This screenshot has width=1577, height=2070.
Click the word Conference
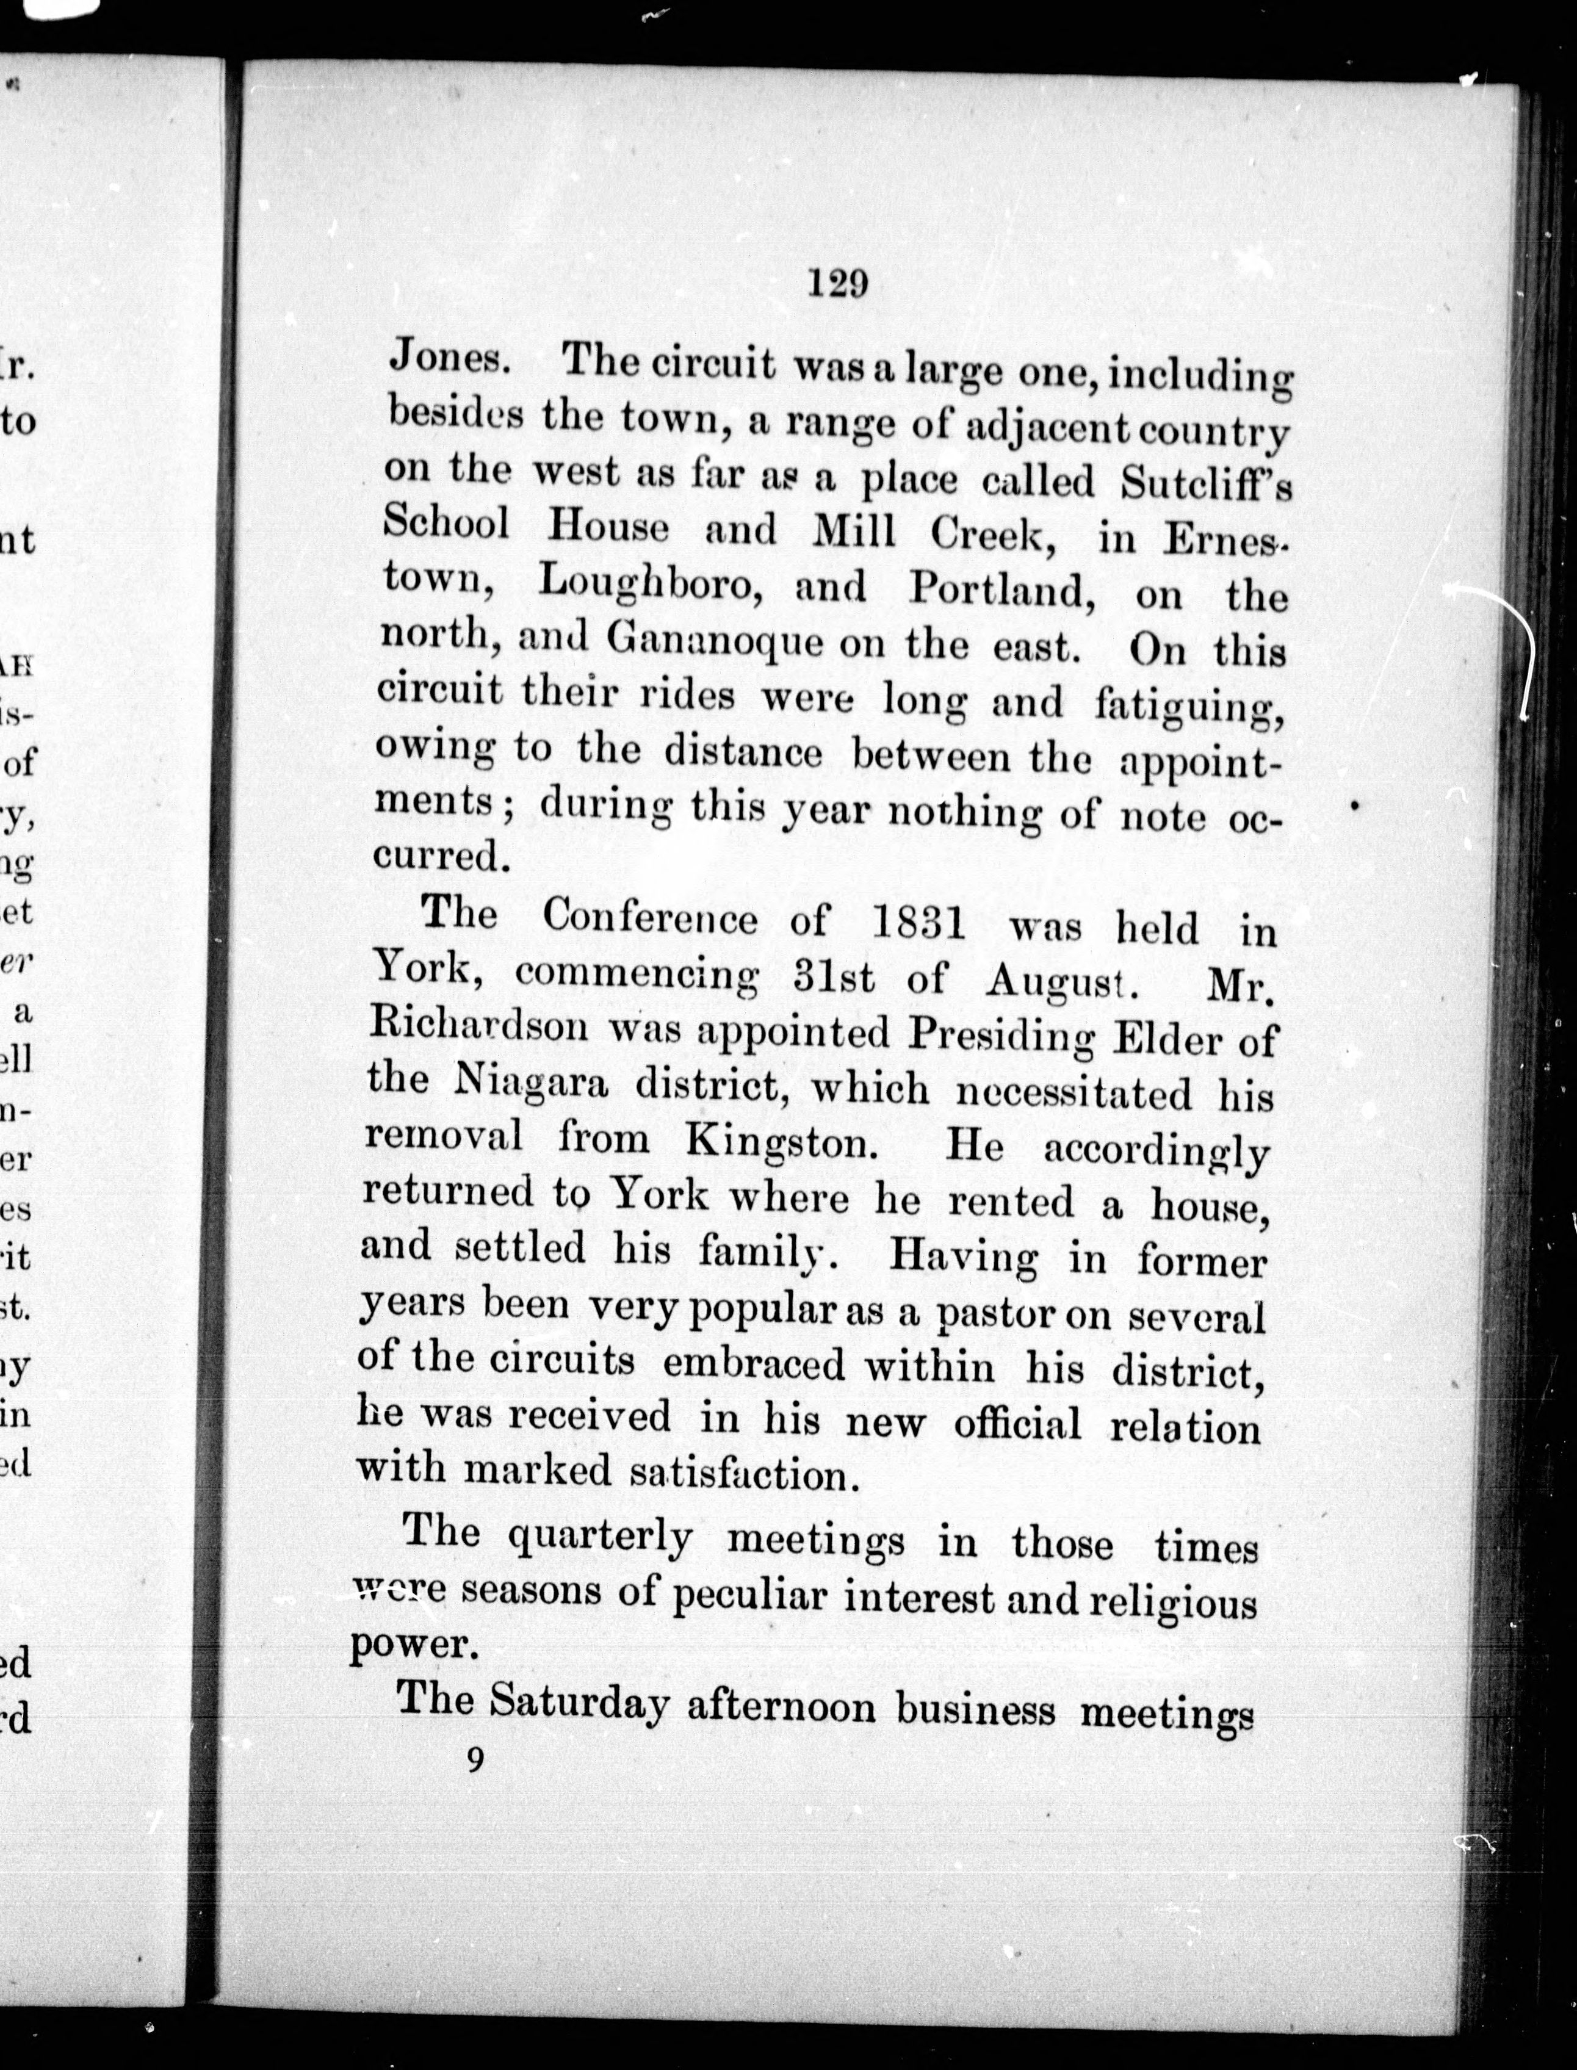point(649,917)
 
